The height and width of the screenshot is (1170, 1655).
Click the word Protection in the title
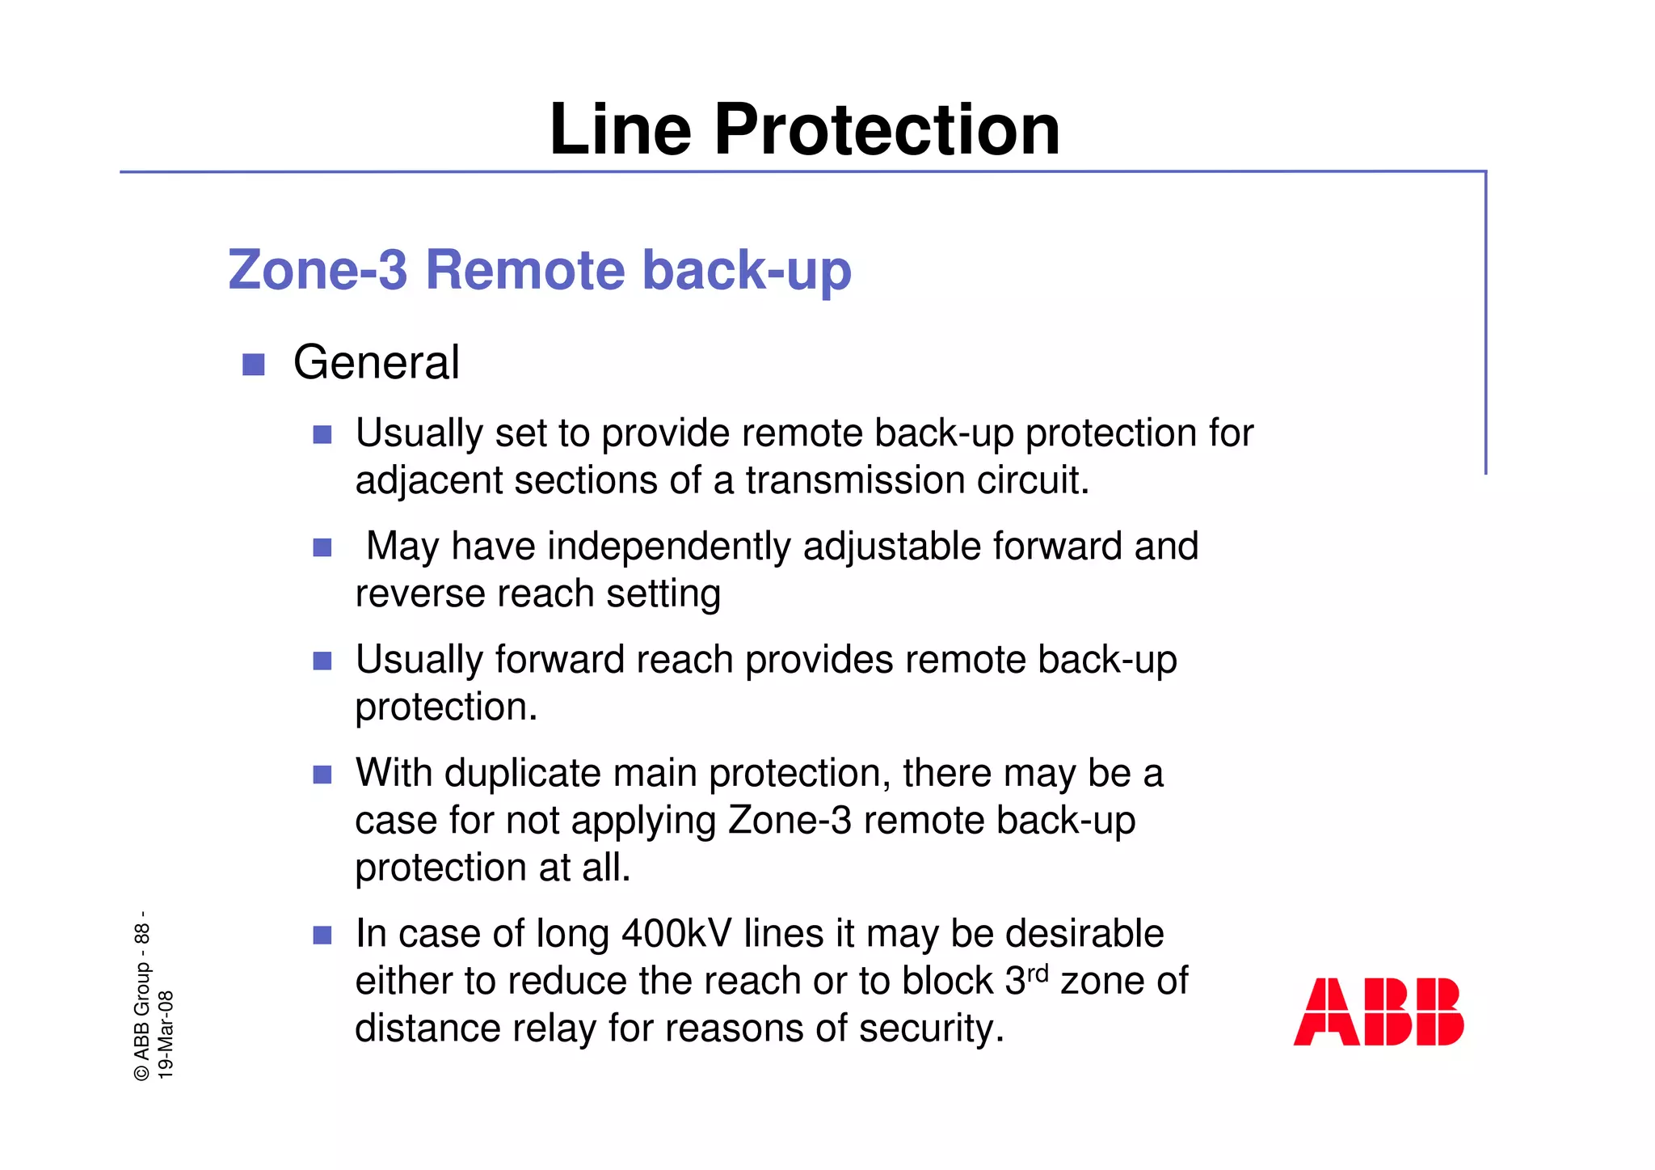[886, 130]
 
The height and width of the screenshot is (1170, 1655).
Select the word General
[376, 362]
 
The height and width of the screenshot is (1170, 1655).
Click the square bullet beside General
[254, 365]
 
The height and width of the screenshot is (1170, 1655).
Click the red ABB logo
[1378, 1012]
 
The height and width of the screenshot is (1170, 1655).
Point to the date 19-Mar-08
[166, 1034]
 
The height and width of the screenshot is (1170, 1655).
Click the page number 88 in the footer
[142, 934]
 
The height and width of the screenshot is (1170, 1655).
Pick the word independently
[670, 547]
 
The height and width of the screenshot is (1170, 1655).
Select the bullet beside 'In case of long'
[322, 936]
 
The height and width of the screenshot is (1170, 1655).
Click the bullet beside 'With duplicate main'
[322, 775]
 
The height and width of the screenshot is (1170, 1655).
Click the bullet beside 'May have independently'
[322, 548]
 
